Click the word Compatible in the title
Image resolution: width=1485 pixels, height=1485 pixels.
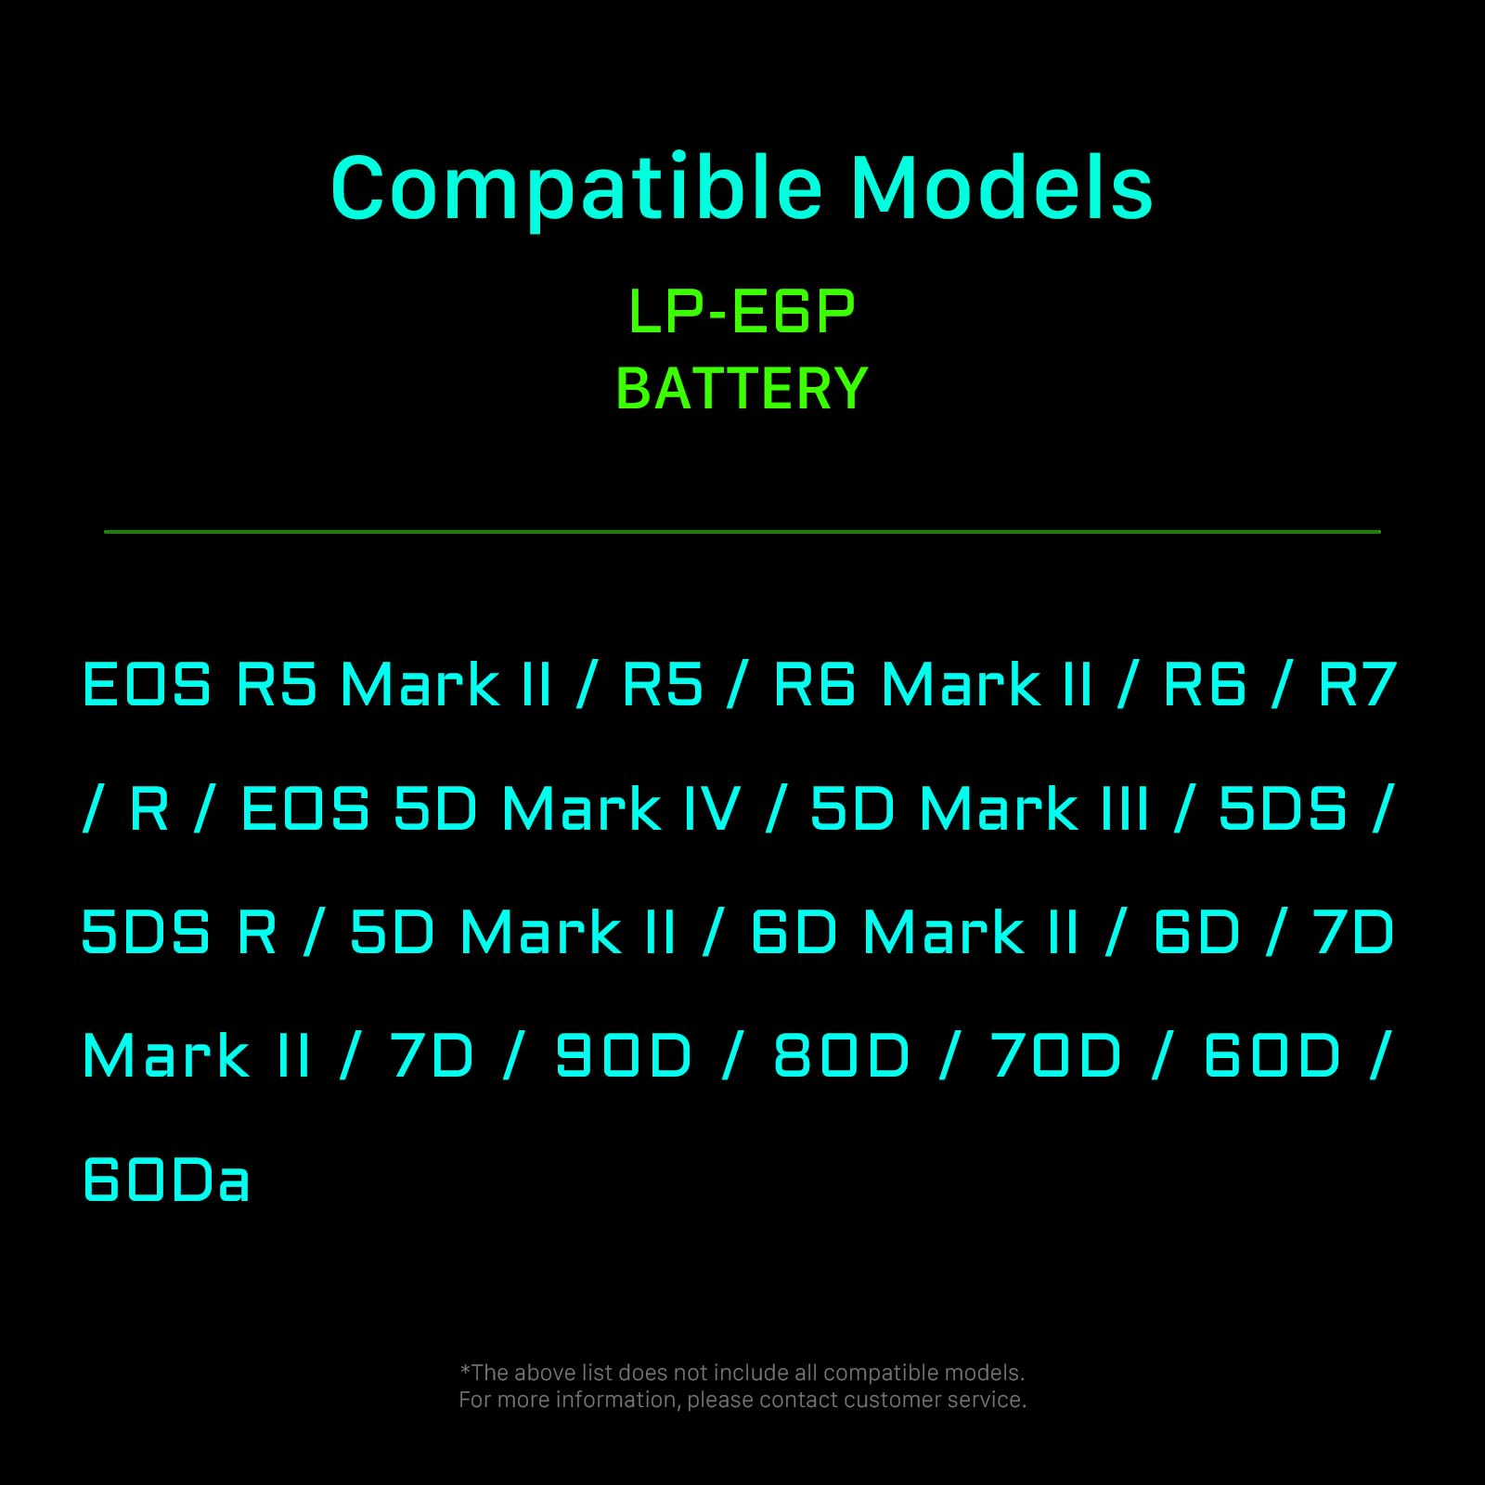[x=576, y=189]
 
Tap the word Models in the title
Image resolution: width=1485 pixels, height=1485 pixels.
[x=1001, y=189]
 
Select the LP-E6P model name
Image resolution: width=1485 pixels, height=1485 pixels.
[x=742, y=312]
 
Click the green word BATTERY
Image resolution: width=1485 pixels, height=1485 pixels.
[x=742, y=389]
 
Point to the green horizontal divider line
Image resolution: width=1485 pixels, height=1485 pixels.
[x=742, y=532]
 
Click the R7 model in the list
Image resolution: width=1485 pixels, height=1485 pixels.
[x=1357, y=685]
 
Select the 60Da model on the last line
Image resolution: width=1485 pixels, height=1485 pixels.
[x=166, y=1181]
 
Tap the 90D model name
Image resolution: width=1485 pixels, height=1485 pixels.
[x=624, y=1056]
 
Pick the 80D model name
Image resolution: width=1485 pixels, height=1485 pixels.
[x=842, y=1056]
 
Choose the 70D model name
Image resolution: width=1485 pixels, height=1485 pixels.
[x=1056, y=1056]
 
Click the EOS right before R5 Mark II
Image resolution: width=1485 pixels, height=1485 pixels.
[x=147, y=685]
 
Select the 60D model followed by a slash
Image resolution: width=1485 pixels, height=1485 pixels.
[x=1272, y=1056]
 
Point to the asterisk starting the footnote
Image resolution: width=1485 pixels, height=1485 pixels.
[x=465, y=1371]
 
